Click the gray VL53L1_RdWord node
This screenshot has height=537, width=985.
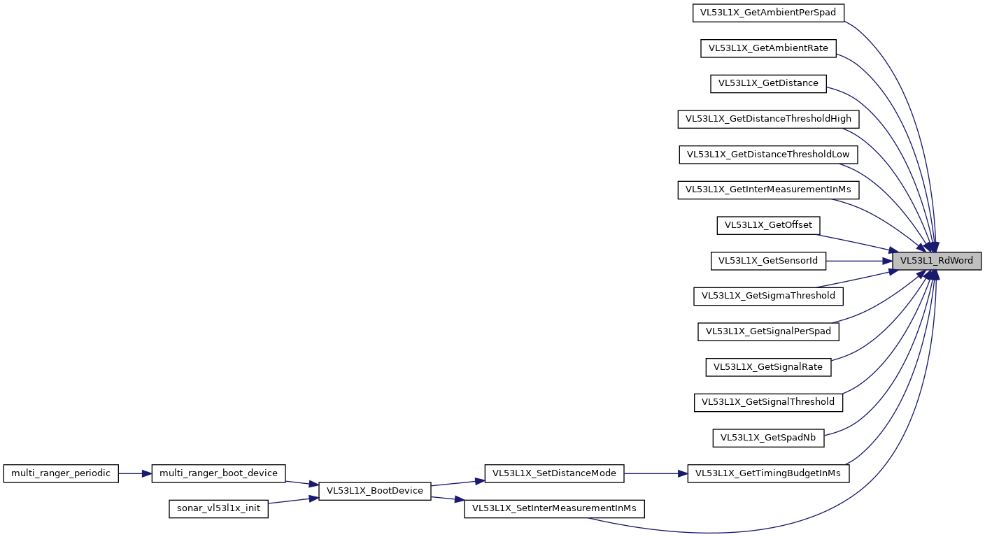click(936, 261)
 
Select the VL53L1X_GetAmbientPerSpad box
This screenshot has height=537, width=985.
click(768, 13)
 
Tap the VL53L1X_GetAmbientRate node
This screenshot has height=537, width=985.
click(768, 48)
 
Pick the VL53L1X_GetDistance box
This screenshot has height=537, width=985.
click(768, 83)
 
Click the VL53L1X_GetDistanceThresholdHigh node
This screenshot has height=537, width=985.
click(768, 119)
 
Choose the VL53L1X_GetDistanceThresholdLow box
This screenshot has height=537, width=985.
click(768, 154)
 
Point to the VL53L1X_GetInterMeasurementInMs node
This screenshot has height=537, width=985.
click(768, 189)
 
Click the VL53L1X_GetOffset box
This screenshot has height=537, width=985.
click(768, 225)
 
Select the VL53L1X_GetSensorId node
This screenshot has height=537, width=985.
click(768, 261)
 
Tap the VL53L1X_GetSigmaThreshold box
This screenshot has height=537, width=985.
click(768, 296)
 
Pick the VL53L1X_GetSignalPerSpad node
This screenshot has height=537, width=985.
click(768, 331)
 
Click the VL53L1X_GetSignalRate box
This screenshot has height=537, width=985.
click(768, 366)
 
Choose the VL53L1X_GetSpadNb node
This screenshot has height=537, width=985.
click(768, 438)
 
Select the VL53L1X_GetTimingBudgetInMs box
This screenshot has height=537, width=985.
click(768, 473)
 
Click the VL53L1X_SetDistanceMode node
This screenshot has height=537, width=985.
click(554, 473)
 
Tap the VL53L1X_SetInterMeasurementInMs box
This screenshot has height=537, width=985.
click(554, 508)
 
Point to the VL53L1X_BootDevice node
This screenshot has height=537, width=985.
click(374, 491)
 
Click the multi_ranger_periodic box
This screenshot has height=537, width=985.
click(61, 473)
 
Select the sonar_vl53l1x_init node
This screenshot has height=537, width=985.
click(218, 508)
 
